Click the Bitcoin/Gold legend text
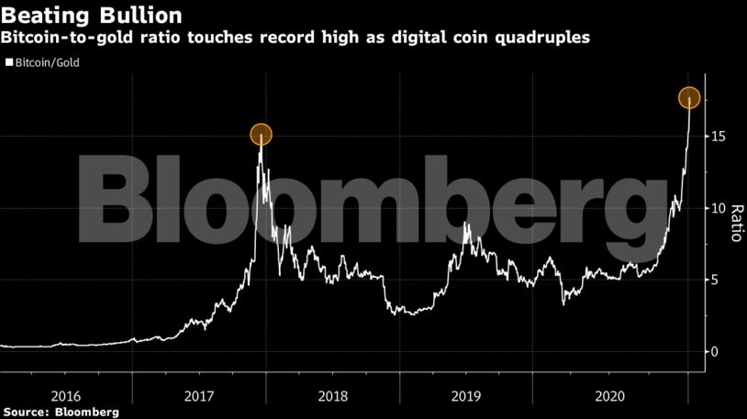click(47, 65)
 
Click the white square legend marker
click(8, 65)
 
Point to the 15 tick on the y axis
click(721, 137)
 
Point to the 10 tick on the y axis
click(721, 208)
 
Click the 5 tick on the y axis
click(718, 280)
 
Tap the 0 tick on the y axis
click(718, 352)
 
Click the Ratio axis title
click(735, 223)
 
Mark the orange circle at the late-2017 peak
click(261, 135)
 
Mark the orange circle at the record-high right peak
click(689, 97)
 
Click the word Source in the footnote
click(27, 413)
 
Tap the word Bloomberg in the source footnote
click(88, 413)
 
